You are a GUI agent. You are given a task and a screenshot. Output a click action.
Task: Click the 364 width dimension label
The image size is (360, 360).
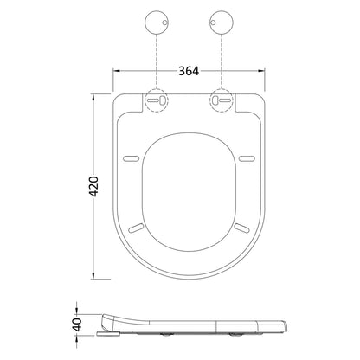pyautogui.click(x=189, y=71)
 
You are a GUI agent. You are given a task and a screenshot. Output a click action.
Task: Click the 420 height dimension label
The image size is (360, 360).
pyautogui.click(x=94, y=186)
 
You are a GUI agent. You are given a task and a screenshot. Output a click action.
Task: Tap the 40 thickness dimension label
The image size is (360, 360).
pyautogui.click(x=77, y=325)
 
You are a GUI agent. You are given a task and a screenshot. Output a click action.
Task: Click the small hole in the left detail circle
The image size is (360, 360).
pyautogui.click(x=164, y=22)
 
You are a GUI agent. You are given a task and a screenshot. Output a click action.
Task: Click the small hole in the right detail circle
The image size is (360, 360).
pyautogui.click(x=213, y=22)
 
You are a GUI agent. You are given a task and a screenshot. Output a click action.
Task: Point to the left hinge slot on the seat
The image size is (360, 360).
pyautogui.click(x=157, y=100)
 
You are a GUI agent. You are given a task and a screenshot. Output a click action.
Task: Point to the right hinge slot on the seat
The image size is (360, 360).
pyautogui.click(x=222, y=100)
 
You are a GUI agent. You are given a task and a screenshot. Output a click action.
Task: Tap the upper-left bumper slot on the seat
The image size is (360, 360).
pyautogui.click(x=132, y=158)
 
